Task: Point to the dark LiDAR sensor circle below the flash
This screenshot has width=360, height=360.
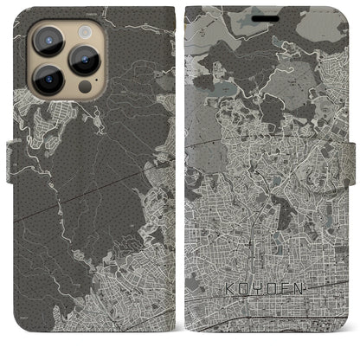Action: coord(84,87)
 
